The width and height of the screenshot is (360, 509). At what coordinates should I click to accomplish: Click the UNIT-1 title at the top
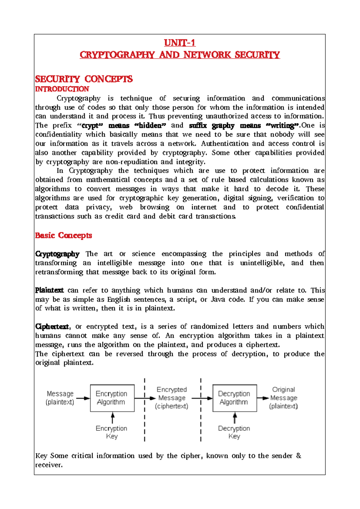pyautogui.click(x=180, y=43)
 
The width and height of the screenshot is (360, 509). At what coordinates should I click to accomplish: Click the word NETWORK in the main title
pyautogui.click(x=207, y=55)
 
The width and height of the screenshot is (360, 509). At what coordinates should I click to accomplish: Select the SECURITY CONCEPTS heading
pyautogui.click(x=84, y=79)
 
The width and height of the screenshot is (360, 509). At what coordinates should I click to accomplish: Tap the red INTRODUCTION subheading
pyautogui.click(x=62, y=89)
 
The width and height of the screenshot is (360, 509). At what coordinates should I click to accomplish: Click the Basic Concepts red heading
pyautogui.click(x=63, y=235)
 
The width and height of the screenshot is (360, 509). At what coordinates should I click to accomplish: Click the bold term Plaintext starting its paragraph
pyautogui.click(x=49, y=290)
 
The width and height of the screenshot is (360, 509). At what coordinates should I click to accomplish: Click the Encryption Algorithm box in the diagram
pyautogui.click(x=112, y=398)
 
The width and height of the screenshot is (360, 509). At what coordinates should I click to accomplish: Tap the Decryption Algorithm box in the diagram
pyautogui.click(x=234, y=398)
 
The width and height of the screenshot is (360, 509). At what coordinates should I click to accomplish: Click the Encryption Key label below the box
pyautogui.click(x=112, y=432)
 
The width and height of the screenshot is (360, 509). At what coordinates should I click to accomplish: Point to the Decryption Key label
pyautogui.click(x=234, y=432)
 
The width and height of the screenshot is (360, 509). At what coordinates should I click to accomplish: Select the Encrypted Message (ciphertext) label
pyautogui.click(x=172, y=398)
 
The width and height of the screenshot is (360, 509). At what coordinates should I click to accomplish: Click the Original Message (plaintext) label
pyautogui.click(x=283, y=398)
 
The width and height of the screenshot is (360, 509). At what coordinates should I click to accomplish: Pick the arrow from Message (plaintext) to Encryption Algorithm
pyautogui.click(x=83, y=398)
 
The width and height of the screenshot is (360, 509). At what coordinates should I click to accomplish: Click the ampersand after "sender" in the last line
pyautogui.click(x=298, y=456)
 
